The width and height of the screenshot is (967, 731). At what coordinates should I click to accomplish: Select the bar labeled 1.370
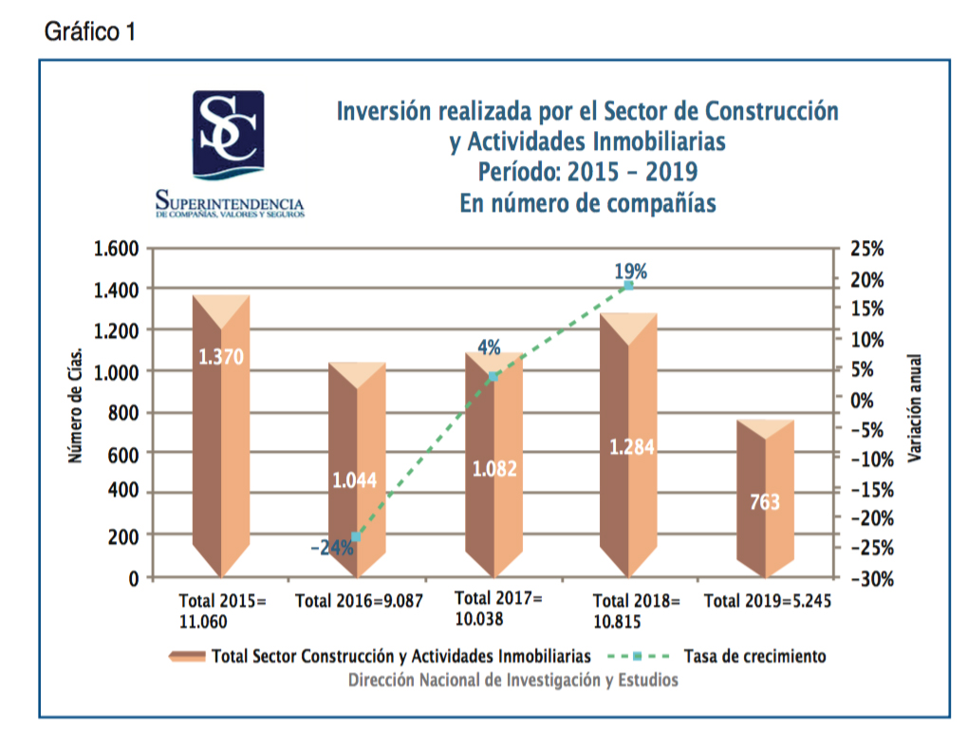[221, 437]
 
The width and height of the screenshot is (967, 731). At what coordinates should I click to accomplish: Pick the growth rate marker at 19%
[628, 285]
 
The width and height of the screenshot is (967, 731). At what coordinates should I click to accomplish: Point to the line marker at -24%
[356, 537]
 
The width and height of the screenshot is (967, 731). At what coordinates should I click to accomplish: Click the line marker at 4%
[492, 377]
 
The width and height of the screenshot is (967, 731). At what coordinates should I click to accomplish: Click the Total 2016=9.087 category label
[359, 601]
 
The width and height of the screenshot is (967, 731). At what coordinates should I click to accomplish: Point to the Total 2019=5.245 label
[767, 601]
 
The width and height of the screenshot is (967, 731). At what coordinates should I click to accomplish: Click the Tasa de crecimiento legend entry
[754, 656]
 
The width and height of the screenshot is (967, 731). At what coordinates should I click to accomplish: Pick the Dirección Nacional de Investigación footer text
[512, 680]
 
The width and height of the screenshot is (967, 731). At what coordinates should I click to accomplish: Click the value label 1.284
[629, 447]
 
